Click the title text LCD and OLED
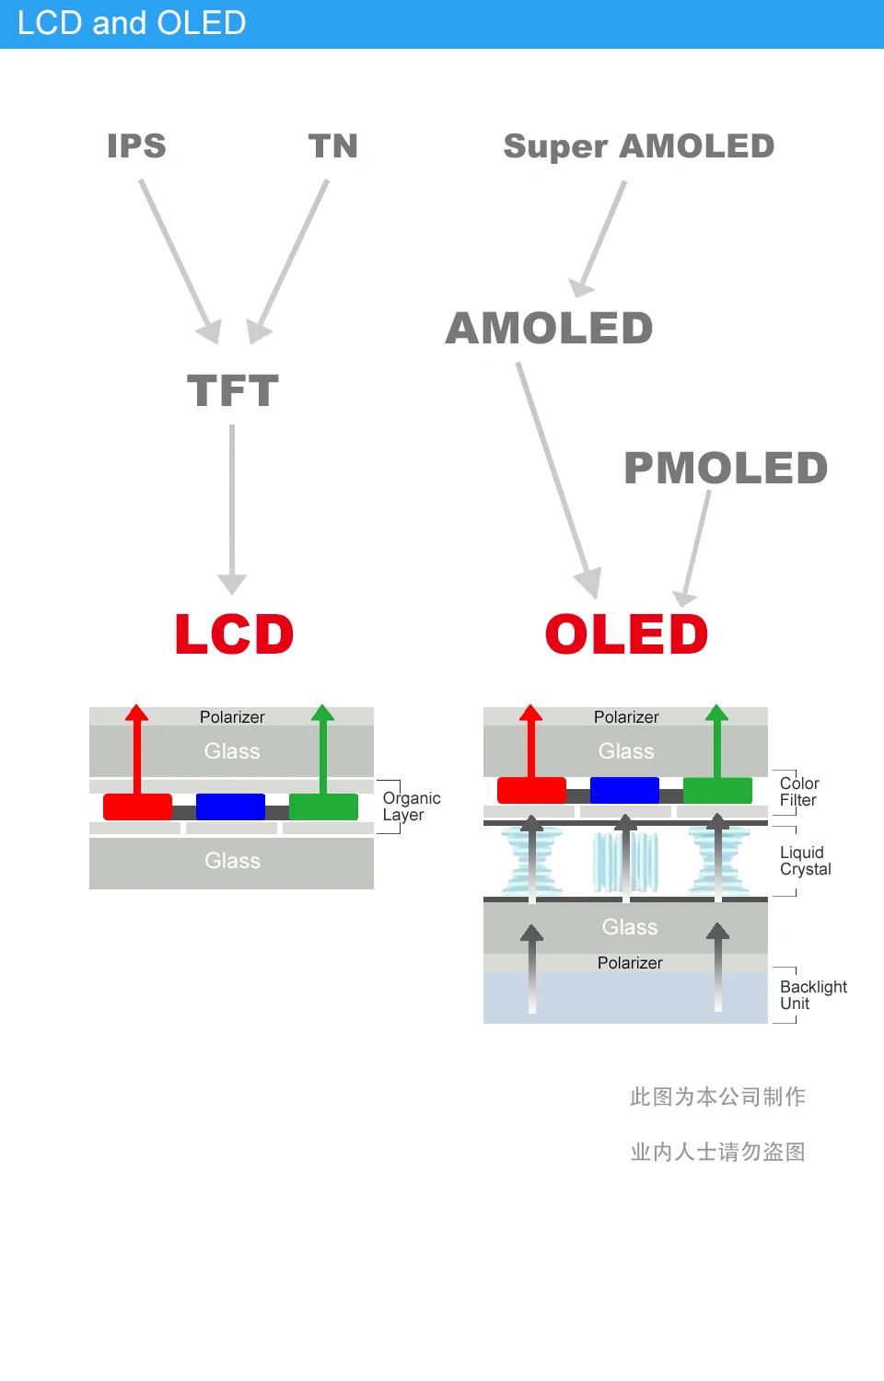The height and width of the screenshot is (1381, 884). coord(132,23)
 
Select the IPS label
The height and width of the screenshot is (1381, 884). coord(136,146)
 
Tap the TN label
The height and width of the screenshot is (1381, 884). coord(332,146)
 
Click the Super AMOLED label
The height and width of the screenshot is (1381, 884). coord(638,146)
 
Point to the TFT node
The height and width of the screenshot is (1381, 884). coord(233,391)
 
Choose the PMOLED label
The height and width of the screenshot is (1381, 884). coord(726,468)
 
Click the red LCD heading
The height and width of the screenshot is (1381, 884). coord(234,634)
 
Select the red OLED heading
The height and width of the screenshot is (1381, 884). coord(626,634)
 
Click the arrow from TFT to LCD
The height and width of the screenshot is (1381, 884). coord(232,506)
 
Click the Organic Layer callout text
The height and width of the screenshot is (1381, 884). coord(411,807)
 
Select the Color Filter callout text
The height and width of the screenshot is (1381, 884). coord(798,792)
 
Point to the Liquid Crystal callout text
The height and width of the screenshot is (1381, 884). coord(805,861)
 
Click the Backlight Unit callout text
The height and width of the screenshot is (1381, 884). coord(812,995)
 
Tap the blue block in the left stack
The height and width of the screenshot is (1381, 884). coord(230,807)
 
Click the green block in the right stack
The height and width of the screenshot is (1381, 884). coord(717,790)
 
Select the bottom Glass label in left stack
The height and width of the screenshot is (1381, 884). coord(232,861)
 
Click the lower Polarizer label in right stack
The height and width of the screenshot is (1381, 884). coord(630,963)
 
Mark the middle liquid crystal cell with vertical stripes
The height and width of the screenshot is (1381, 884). coord(625,862)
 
